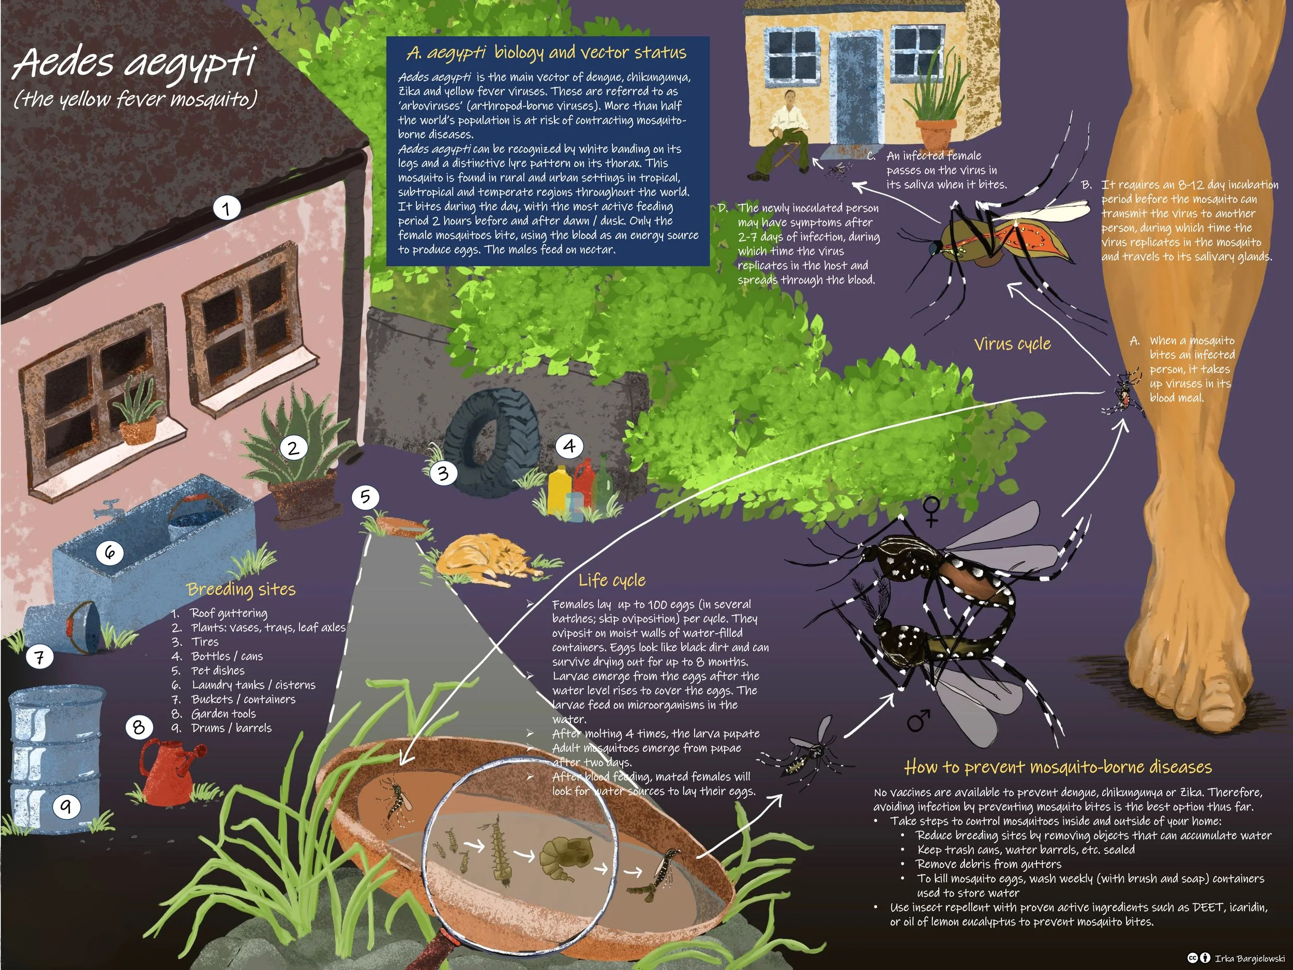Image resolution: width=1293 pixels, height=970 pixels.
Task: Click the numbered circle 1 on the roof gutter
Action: point(226,207)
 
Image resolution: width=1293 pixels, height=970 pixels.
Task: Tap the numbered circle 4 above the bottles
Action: point(569,446)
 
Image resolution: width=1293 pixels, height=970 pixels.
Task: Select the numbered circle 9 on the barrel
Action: point(66,807)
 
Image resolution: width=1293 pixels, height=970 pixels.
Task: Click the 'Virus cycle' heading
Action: point(1013,344)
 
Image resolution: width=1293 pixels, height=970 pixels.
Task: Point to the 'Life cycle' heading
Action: point(612,580)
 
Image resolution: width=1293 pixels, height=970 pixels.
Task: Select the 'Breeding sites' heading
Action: point(241,589)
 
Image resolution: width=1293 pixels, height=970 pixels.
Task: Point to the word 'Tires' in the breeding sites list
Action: point(205,641)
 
